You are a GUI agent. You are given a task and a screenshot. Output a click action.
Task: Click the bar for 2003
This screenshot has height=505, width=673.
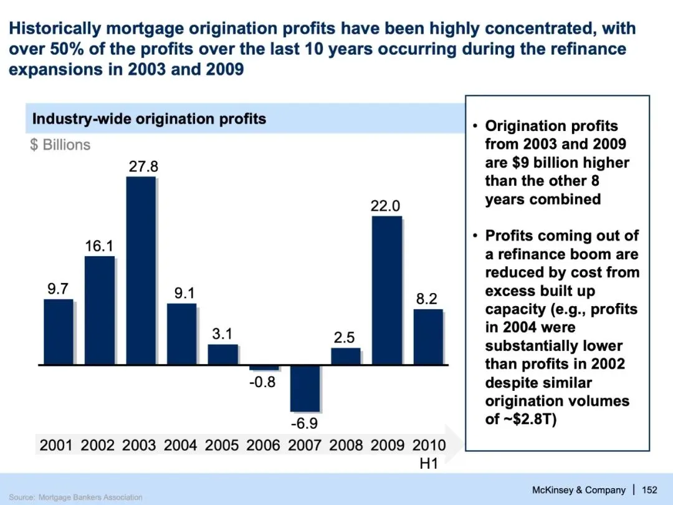(140, 270)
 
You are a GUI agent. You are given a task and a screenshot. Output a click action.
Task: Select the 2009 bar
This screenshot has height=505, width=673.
(386, 290)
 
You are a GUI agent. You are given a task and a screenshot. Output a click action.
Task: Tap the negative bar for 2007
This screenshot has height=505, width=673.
(305, 388)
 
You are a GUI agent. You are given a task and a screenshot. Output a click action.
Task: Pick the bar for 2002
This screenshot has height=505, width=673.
(99, 310)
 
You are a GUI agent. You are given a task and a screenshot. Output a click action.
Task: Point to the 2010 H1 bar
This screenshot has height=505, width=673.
(427, 337)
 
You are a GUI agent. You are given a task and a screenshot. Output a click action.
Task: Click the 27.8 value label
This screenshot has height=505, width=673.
(143, 166)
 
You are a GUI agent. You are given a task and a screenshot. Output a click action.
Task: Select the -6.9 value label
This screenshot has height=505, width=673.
(305, 424)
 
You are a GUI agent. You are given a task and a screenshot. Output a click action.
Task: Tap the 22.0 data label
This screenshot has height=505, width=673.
(385, 206)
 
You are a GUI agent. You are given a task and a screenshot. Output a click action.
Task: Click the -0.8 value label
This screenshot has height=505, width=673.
(262, 382)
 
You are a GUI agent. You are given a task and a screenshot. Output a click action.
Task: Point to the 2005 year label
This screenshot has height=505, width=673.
(222, 445)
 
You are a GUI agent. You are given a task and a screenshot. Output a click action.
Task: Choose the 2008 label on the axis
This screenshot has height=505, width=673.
(346, 445)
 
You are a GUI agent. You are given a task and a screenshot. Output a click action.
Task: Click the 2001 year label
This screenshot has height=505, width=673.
(56, 445)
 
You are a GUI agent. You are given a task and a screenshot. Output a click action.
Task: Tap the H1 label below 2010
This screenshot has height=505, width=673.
(430, 464)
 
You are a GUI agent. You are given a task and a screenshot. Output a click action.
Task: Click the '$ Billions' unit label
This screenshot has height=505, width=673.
(60, 145)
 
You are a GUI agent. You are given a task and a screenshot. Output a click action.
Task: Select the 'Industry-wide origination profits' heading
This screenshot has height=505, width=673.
(149, 119)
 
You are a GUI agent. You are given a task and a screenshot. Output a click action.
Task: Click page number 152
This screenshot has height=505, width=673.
(650, 489)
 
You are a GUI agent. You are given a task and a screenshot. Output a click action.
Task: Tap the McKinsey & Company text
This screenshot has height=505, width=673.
(580, 489)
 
